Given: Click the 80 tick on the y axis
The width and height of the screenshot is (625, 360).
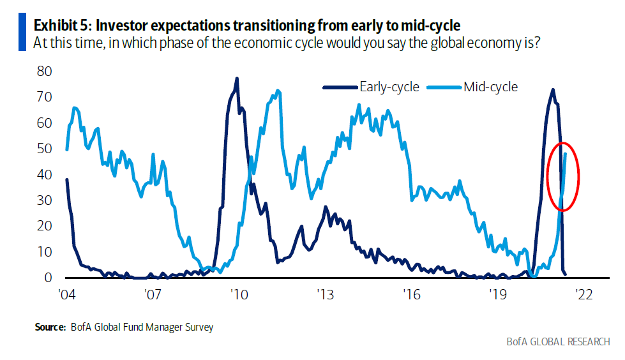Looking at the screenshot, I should tap(43, 71).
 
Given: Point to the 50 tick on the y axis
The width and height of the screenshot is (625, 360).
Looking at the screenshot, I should tap(43, 148).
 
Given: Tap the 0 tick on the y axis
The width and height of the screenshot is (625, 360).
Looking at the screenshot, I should tap(47, 278).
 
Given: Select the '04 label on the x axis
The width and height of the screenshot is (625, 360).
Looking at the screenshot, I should tap(66, 295).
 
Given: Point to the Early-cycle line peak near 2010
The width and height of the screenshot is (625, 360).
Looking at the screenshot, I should tap(237, 79).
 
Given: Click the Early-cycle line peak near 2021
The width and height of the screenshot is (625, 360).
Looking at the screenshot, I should tap(553, 89).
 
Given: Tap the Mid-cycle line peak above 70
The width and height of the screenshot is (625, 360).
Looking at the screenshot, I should tap(278, 91).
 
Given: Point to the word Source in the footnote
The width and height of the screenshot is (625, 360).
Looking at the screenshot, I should tap(50, 327).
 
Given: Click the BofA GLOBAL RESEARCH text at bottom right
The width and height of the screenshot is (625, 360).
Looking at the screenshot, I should tap(558, 342).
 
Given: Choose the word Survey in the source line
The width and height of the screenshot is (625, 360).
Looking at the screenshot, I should tap(199, 327).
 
